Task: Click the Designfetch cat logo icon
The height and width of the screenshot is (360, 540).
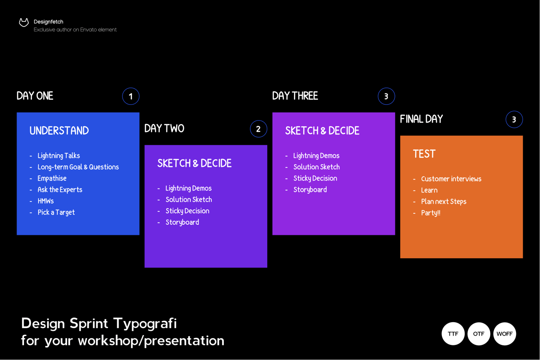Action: coord(24,22)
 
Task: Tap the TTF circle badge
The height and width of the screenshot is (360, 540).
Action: coord(453,334)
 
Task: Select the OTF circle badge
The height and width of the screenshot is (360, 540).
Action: coord(479,334)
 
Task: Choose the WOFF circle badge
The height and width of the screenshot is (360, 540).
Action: coord(505,334)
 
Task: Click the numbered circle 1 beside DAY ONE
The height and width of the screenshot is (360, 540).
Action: coord(130,96)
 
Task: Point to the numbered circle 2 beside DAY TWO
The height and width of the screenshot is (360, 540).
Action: coord(259,129)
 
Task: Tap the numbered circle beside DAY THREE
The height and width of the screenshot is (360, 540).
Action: coord(386,96)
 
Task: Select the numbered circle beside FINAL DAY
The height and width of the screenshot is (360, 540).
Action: coord(514,119)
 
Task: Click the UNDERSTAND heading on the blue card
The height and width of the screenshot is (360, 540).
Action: coord(59,131)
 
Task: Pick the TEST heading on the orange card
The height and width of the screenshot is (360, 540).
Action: coord(424,154)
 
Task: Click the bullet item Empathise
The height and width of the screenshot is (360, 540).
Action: coord(52,178)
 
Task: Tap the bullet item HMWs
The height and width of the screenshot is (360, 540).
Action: coord(46,201)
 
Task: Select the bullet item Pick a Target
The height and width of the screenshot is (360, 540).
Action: coord(56,213)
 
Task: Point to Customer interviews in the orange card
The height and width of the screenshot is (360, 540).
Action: coord(451,179)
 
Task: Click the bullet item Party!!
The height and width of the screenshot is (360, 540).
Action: coord(430,213)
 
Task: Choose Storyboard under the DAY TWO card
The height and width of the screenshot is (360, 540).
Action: coord(182,222)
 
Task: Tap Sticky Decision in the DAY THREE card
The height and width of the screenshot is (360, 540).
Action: coord(315,179)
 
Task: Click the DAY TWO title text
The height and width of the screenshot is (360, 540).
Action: coord(164,128)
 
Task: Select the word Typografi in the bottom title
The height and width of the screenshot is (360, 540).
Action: coord(145,324)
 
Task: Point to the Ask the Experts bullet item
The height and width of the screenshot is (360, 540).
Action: coord(60,190)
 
